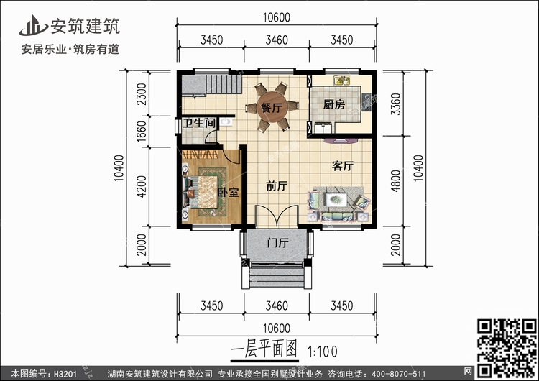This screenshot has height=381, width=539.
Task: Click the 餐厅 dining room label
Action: point(272,108)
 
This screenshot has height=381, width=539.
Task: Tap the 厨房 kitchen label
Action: point(333,104)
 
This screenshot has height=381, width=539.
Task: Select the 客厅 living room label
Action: point(343,166)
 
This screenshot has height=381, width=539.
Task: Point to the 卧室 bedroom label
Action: point(229,192)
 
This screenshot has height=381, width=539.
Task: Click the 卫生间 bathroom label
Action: point(199,123)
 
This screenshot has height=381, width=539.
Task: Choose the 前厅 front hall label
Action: point(277,186)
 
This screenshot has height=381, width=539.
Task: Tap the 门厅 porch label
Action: point(277,243)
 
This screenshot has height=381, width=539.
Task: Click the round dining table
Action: point(272,107)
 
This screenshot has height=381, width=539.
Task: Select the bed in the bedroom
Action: point(203,192)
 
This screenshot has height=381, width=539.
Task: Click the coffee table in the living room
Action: point(336,199)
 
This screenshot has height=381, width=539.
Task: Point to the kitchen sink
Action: point(342,81)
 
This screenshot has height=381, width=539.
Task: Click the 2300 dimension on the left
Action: point(142,94)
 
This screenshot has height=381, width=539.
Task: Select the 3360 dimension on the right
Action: point(396,104)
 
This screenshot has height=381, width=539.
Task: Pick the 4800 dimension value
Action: point(396,181)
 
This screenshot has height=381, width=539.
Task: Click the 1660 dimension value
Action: point(142,131)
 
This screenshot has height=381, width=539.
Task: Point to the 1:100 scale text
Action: point(323,352)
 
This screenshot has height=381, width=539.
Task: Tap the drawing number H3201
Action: point(65,373)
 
